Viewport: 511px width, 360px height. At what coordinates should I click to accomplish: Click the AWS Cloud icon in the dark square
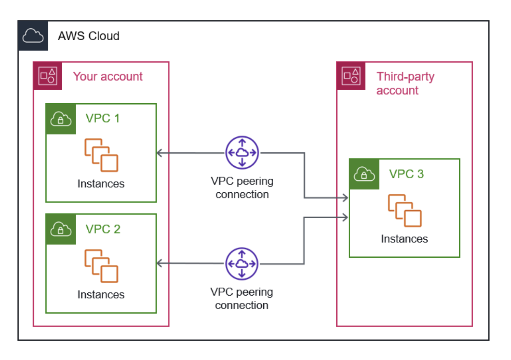coord(33,36)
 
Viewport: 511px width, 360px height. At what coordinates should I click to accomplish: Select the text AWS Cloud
coord(89,36)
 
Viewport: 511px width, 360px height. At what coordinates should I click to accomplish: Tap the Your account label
coord(108,76)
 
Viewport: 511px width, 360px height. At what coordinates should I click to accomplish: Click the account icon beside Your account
coord(47,76)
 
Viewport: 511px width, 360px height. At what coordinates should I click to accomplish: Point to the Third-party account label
coord(405,83)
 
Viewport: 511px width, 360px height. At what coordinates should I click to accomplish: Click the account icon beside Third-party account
coord(351,76)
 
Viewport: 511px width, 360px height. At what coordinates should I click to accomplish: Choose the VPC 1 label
coord(102,118)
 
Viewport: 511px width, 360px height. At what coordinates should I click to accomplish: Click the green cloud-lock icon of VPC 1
coord(61,119)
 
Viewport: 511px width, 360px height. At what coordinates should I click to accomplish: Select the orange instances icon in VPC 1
coord(101,155)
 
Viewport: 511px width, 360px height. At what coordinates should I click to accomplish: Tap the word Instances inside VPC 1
coord(101,184)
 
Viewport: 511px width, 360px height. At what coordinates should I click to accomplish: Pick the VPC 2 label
coord(103,229)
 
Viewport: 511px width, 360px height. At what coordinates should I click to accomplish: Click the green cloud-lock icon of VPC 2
coord(61,229)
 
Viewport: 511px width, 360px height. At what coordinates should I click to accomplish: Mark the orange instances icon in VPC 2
coord(101,266)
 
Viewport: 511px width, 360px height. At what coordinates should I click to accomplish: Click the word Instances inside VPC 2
coord(101,295)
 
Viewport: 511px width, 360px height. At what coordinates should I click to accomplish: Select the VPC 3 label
coord(406,174)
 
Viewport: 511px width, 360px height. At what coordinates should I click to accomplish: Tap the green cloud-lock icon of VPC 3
coord(364,174)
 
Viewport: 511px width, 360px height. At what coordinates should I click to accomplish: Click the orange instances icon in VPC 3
coord(405,211)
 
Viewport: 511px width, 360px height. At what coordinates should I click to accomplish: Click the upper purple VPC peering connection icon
coord(242,153)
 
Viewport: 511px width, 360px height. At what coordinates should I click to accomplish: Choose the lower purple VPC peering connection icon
coord(242,264)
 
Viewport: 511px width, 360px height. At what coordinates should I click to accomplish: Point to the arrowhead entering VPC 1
coord(159,153)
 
